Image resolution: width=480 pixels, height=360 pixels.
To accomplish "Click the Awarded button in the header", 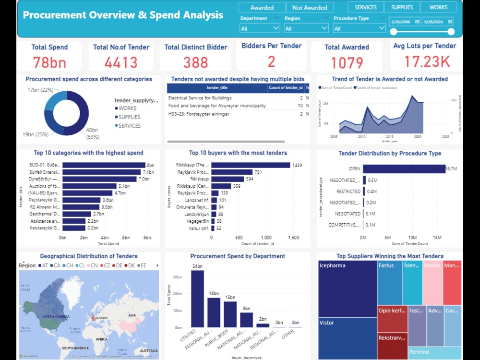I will tap(262, 8).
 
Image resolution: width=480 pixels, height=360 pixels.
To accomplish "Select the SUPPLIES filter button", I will tap(402, 7).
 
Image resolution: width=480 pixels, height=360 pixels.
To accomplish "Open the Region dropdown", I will tap(306, 28).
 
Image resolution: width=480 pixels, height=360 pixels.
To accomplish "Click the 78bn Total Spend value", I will tap(49, 62).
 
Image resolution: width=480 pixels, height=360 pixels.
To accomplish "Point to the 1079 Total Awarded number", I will tap(347, 63).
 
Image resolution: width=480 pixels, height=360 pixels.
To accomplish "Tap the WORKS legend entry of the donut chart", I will tap(127, 108).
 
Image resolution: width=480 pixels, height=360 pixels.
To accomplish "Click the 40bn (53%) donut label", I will tap(92, 133).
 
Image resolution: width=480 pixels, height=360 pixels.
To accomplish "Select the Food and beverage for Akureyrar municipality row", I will tap(217, 106).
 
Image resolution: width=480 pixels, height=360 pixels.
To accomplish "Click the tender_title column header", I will tap(217, 87).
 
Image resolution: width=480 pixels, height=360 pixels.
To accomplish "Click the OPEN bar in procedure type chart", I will tap(404, 169).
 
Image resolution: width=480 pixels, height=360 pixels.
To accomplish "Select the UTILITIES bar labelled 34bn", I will tap(197, 299).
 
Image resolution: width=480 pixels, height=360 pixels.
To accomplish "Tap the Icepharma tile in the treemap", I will tap(347, 288).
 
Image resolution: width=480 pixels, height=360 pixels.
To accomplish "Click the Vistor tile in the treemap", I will tap(347, 331).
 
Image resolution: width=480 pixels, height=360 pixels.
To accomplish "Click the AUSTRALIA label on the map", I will tap(148, 350).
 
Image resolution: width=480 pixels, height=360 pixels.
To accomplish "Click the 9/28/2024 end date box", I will tap(437, 22).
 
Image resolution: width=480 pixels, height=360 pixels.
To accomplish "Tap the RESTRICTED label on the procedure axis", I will tap(348, 191).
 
